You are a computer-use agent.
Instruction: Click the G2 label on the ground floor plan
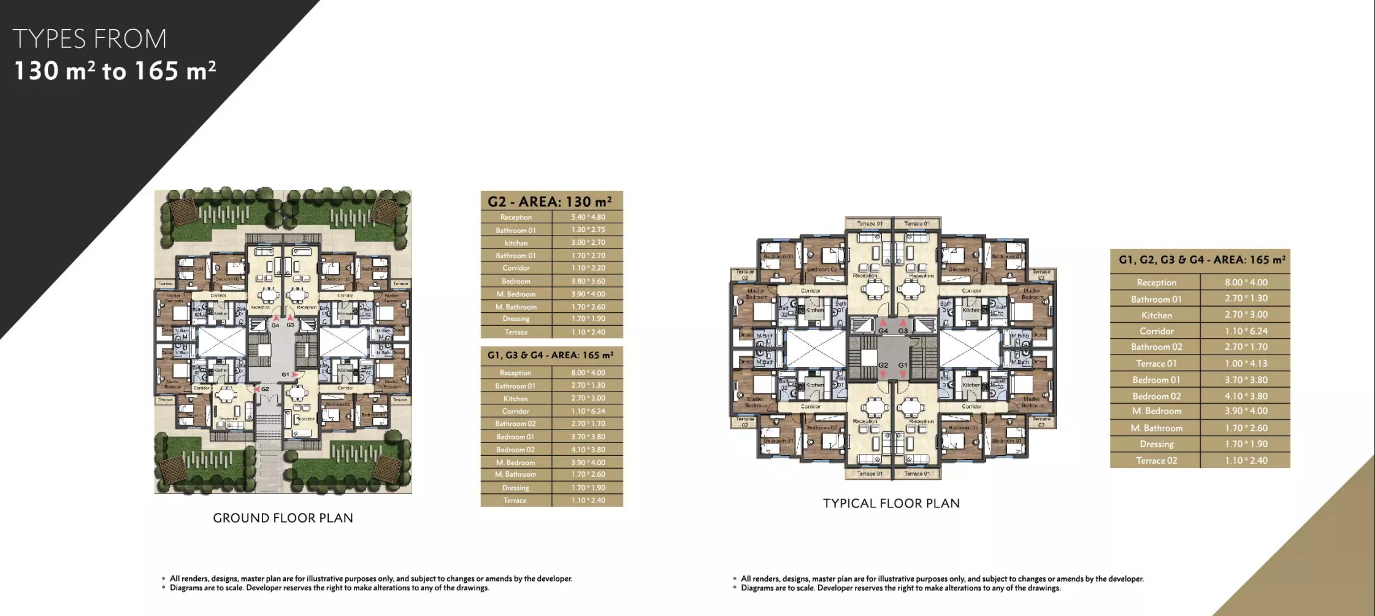coord(265,389)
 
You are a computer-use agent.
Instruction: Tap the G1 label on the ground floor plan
coord(285,374)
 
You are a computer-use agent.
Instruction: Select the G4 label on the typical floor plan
coord(883,331)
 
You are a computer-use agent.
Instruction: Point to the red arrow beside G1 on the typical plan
coord(903,374)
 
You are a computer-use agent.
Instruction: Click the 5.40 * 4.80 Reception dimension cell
coord(588,217)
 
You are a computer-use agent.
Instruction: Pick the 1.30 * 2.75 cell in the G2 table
coord(588,230)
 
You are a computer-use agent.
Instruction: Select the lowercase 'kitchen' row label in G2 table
coord(516,243)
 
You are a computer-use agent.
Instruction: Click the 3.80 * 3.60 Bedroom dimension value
coord(588,281)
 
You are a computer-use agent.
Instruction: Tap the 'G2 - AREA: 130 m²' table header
coord(550,201)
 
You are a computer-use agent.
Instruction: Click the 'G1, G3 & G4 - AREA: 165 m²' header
coord(550,355)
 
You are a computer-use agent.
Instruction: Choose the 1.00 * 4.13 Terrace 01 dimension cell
coord(1246,363)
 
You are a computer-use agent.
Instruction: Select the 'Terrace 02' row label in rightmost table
coord(1156,461)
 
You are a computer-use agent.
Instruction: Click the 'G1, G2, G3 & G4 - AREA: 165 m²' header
coord(1201,260)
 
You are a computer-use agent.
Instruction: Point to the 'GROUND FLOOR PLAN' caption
coord(283,518)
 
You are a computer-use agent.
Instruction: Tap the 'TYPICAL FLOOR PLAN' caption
coord(890,503)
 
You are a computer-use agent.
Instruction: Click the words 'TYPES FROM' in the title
coord(90,39)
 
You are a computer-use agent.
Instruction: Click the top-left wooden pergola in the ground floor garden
coord(182,212)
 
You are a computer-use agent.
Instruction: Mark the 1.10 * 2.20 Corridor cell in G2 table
coord(588,268)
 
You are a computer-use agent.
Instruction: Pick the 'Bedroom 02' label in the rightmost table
coord(1156,396)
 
